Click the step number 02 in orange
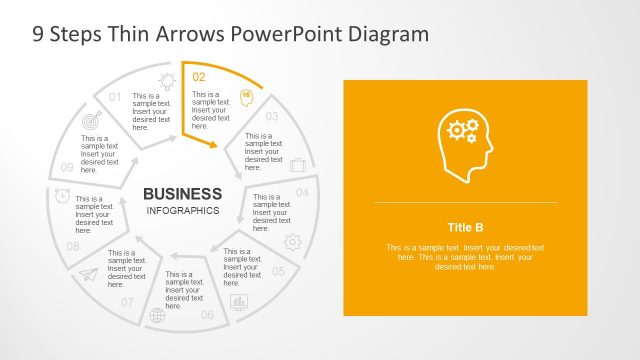[x=199, y=76]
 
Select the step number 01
[x=115, y=97]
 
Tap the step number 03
[x=271, y=116]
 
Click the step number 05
[x=279, y=271]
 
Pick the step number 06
[x=207, y=315]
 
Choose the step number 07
[x=127, y=302]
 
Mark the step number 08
[x=73, y=246]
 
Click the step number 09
[x=67, y=167]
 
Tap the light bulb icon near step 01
[x=166, y=81]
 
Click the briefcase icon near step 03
[x=298, y=164]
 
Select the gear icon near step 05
[x=293, y=241]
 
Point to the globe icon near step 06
[x=156, y=316]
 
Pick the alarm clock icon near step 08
[x=62, y=195]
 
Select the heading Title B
[x=465, y=226]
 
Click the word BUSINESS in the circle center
[x=183, y=193]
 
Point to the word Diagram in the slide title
[x=380, y=33]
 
